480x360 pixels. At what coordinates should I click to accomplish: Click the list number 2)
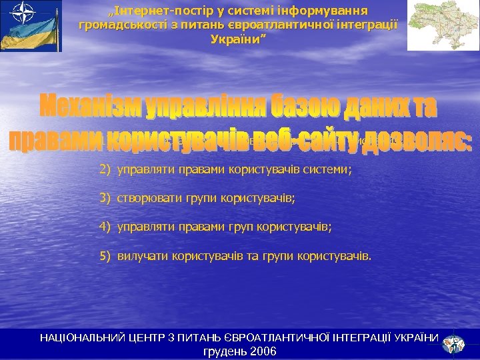pyautogui.click(x=105, y=170)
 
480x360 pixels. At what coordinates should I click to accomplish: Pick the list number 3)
pyautogui.click(x=105, y=198)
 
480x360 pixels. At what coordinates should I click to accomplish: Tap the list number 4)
pyautogui.click(x=105, y=227)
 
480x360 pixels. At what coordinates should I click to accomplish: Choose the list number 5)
pyautogui.click(x=105, y=255)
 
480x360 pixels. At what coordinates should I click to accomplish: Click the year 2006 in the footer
pyautogui.click(x=263, y=351)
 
